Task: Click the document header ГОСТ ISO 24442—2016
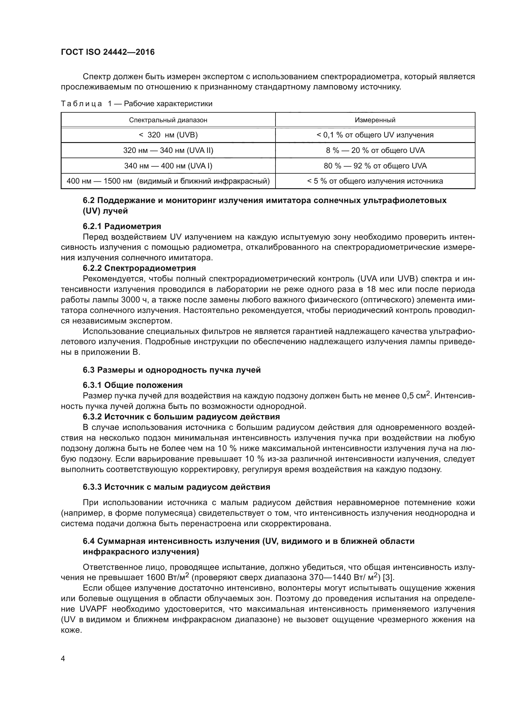click(107, 52)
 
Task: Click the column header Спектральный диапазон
click(168, 120)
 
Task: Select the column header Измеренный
click(375, 120)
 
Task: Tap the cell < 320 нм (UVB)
click(168, 135)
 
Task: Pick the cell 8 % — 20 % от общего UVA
click(375, 150)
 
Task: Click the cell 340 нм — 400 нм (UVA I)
click(168, 166)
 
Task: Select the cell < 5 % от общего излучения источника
click(375, 181)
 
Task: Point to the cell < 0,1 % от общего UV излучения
click(375, 135)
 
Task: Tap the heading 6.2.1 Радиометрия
click(122, 226)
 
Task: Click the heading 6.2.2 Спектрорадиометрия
click(139, 268)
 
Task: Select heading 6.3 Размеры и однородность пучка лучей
click(172, 370)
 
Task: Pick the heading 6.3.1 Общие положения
click(133, 385)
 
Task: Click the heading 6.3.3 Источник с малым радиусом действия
click(176, 487)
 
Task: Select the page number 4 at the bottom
click(63, 659)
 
